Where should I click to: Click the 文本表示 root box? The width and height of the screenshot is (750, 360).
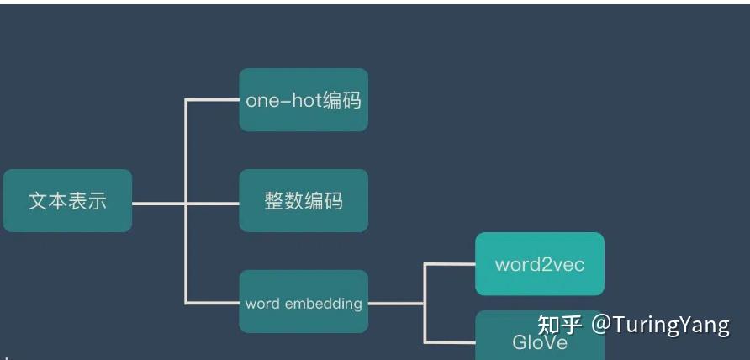(x=67, y=201)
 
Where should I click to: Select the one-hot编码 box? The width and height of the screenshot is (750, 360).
(x=303, y=100)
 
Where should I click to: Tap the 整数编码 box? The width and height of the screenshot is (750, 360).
(x=303, y=201)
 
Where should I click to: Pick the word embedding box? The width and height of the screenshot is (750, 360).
(x=303, y=302)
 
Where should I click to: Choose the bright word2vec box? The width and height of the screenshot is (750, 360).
(x=539, y=264)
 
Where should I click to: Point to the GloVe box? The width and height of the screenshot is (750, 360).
(x=539, y=336)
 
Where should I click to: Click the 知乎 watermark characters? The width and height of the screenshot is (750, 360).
(x=560, y=325)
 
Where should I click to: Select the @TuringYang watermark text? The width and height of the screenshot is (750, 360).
(x=660, y=325)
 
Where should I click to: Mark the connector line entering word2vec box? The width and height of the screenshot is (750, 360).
(x=451, y=264)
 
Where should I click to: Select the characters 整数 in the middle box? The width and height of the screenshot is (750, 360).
(x=283, y=201)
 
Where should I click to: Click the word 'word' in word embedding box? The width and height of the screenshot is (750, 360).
(x=262, y=303)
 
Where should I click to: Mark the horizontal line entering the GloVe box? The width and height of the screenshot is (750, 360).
(x=451, y=341)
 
